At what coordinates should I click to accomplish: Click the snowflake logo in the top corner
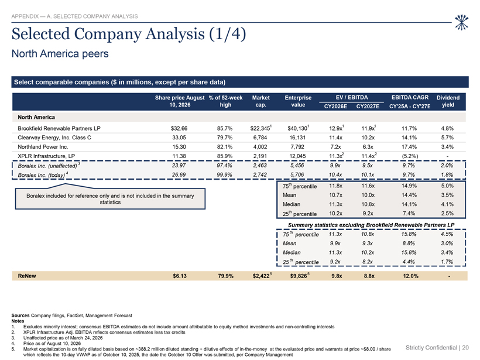tap(461, 22)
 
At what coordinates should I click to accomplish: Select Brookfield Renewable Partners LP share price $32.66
tap(179, 129)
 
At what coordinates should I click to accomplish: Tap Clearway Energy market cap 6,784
tap(260, 138)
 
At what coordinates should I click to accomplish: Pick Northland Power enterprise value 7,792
tap(297, 147)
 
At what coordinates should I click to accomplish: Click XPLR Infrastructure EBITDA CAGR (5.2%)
tap(410, 156)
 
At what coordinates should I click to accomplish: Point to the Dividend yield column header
tap(448, 101)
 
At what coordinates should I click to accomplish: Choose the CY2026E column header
tap(335, 106)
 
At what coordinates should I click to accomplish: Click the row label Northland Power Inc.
tap(43, 147)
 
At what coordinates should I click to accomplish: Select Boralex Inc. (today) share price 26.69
tap(179, 175)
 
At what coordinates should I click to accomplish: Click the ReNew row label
tap(27, 276)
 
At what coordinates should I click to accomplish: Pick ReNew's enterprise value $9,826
tap(299, 276)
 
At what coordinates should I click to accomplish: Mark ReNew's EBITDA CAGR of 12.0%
tap(410, 276)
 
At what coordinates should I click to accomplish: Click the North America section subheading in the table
tap(36, 117)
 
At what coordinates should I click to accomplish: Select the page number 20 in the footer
tap(465, 348)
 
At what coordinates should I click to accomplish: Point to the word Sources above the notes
tap(20, 316)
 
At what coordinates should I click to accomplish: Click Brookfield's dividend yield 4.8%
tap(447, 129)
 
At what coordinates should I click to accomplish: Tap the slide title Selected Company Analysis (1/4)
tap(129, 34)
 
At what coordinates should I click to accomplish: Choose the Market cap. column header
tap(261, 101)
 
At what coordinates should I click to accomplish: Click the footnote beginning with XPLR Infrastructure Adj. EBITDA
tap(104, 332)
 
